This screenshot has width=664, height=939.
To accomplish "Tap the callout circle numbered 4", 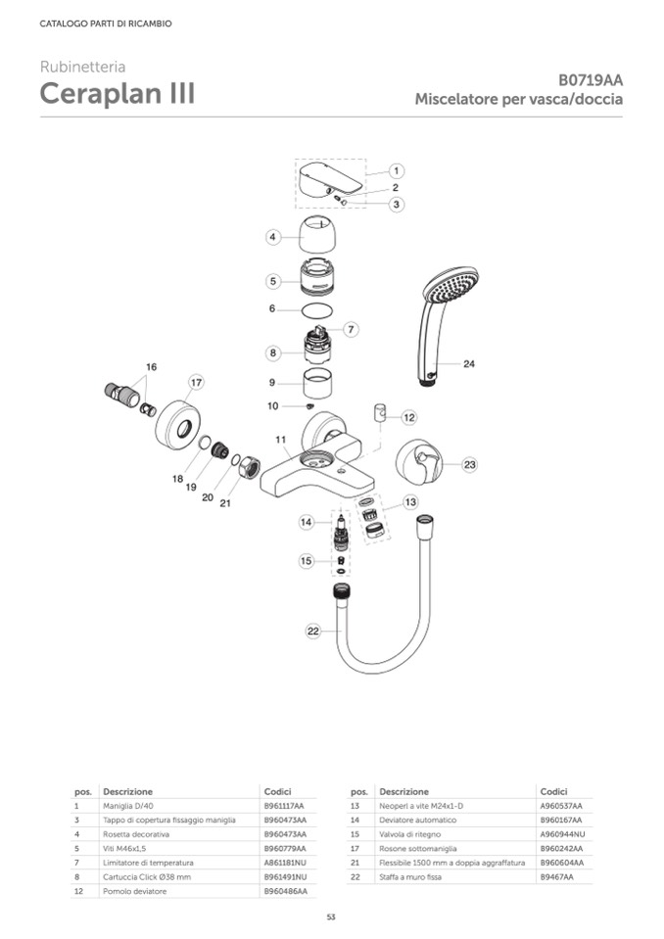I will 274,236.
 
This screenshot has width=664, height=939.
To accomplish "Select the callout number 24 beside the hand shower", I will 469,363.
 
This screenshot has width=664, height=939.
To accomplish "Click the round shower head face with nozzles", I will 453,287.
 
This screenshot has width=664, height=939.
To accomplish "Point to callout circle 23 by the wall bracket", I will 469,464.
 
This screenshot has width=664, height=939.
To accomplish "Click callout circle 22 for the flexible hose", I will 313,632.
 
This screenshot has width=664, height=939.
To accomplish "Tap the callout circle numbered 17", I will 196,382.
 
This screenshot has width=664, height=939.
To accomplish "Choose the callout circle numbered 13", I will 410,501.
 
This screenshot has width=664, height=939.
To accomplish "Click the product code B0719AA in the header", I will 591,80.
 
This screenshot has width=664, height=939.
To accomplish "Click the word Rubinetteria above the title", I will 82,67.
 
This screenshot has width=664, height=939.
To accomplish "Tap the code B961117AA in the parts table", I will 284,805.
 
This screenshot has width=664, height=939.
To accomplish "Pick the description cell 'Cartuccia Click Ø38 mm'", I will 143,877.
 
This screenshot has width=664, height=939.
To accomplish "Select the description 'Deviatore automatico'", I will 417,820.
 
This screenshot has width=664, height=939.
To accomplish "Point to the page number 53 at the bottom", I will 331,916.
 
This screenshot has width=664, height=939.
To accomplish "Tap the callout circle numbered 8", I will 274,352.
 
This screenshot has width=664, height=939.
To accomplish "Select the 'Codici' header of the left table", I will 277,790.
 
